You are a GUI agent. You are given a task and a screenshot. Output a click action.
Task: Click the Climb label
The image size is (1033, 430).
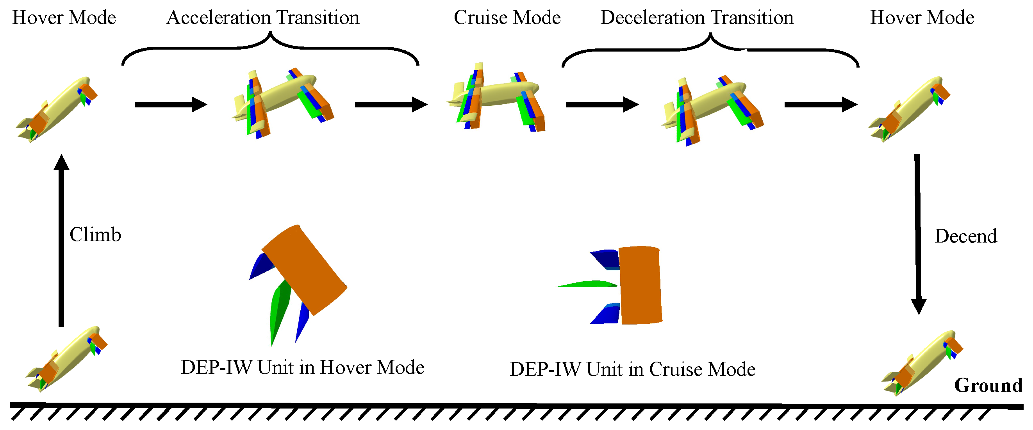[95, 235]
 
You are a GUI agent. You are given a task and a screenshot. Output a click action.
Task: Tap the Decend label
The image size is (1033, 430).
[965, 236]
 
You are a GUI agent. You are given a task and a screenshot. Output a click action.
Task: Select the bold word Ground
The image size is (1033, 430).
[988, 385]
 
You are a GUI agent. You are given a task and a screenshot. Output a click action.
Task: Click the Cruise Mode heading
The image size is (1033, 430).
[507, 18]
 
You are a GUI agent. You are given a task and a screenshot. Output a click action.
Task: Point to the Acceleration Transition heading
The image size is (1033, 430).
[263, 18]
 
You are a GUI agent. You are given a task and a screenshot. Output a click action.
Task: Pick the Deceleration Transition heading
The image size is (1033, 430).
[697, 18]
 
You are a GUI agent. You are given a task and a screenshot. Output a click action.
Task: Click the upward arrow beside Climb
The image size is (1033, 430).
[61, 241]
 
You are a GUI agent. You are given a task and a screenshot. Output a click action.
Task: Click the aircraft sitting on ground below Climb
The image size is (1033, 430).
[66, 359]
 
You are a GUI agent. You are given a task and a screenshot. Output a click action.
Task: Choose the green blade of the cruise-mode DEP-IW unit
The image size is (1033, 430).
[586, 284]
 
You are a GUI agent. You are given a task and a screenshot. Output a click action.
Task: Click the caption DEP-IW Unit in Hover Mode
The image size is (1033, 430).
[302, 368]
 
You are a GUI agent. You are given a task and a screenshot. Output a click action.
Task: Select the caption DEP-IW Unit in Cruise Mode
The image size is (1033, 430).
[632, 369]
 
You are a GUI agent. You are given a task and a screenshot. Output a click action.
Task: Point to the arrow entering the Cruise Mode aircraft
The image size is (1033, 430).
[391, 105]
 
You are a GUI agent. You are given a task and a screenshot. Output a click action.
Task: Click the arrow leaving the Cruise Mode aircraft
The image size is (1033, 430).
[602, 105]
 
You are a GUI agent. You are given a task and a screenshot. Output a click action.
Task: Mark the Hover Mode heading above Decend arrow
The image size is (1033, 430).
[922, 18]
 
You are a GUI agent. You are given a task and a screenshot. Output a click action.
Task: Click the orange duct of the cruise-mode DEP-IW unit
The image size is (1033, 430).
[640, 285]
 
